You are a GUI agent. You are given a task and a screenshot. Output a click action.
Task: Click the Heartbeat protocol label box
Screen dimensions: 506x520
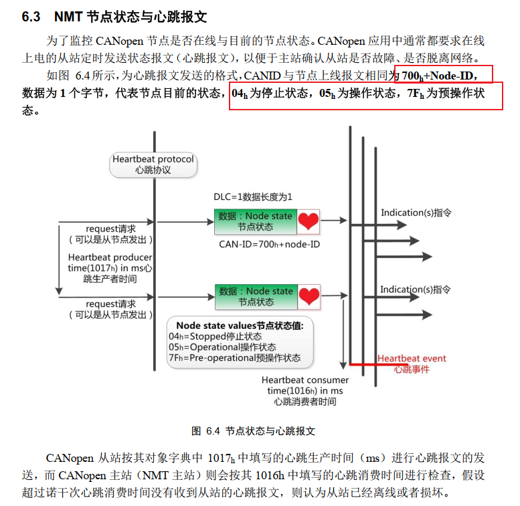[153, 164]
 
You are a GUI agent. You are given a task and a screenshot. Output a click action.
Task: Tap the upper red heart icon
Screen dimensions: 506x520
[309, 221]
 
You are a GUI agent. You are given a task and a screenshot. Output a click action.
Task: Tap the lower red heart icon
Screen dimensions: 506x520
[309, 296]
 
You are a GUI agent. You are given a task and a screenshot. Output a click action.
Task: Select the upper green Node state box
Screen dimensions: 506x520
[256, 221]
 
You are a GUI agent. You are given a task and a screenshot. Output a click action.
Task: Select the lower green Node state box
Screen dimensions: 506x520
[256, 296]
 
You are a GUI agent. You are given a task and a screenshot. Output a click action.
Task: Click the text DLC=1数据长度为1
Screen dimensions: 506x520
[253, 197]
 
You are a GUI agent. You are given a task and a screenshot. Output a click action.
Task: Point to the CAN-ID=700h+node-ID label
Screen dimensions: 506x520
[269, 244]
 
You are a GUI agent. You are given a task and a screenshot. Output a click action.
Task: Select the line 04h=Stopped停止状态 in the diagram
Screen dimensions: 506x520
[215, 336]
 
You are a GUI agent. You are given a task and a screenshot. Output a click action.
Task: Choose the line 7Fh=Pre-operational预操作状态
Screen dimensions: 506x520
[234, 358]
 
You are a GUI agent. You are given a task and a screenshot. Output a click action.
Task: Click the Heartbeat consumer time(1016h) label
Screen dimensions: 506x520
[305, 390]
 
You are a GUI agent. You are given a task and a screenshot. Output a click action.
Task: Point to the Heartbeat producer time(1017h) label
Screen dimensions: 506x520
[110, 267]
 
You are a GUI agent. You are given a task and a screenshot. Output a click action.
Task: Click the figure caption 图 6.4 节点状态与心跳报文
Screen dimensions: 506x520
[253, 430]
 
